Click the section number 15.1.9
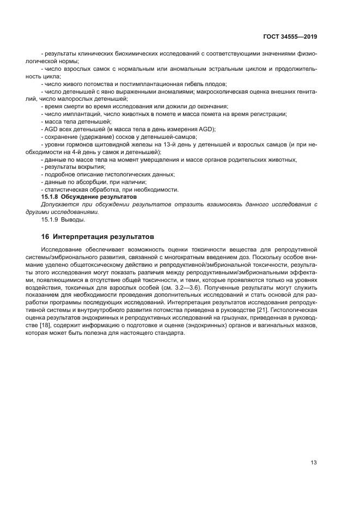[51, 219]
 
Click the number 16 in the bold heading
[46, 237]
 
